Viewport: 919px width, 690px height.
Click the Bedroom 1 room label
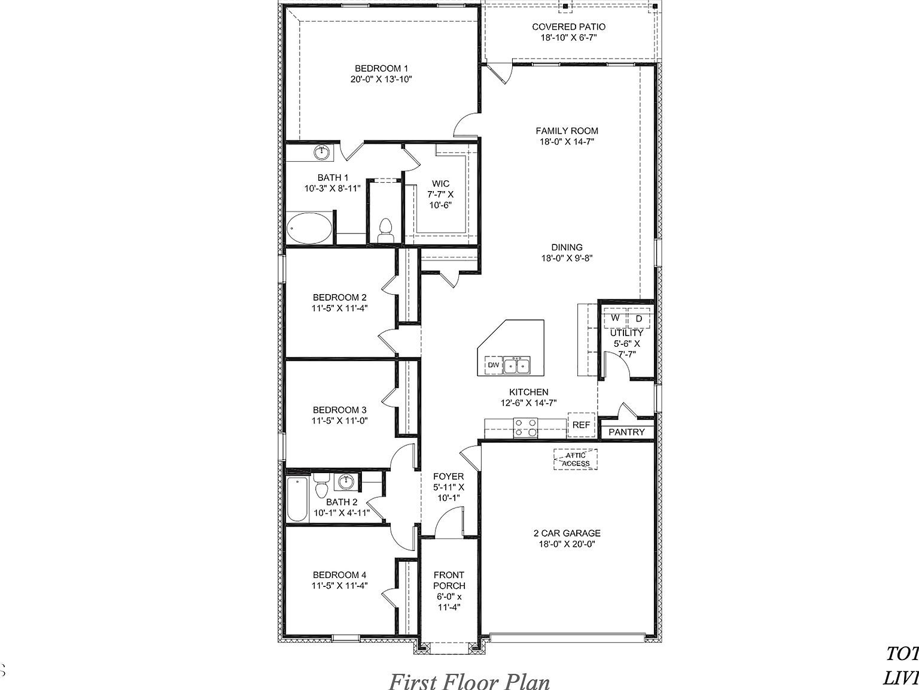tap(381, 68)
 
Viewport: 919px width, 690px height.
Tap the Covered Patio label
tap(568, 27)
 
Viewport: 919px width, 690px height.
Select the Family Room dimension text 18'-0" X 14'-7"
tap(567, 142)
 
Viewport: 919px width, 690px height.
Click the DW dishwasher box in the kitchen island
tap(493, 365)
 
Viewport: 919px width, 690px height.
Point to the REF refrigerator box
tap(581, 425)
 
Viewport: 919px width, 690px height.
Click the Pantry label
tap(626, 432)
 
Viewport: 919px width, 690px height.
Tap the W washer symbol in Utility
tap(614, 319)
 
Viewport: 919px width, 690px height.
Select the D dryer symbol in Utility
tap(638, 319)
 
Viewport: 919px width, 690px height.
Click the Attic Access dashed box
tap(576, 459)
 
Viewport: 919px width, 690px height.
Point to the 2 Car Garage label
tap(567, 533)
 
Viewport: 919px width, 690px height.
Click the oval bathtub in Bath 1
tap(309, 228)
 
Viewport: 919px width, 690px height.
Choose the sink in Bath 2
tap(345, 481)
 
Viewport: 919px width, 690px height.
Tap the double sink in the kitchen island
tap(516, 365)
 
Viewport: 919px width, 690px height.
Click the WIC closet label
tap(441, 184)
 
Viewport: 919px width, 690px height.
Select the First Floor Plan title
tap(469, 680)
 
